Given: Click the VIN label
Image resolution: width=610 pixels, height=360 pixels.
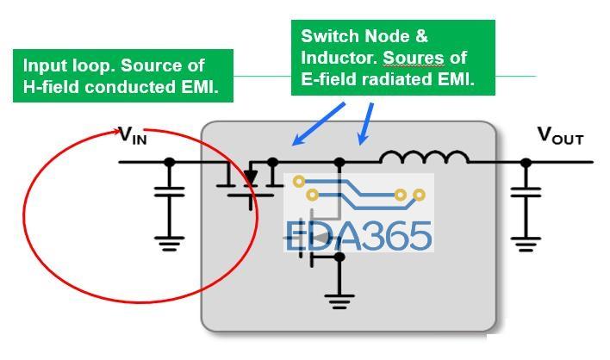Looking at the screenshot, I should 133,135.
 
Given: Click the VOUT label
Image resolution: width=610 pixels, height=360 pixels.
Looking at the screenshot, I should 560,135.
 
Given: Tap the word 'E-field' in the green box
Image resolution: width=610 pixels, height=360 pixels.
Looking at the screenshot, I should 328,82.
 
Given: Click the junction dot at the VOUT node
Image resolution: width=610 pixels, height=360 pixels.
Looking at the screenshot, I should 526,161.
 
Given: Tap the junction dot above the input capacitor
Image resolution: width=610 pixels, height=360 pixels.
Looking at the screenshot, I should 169,161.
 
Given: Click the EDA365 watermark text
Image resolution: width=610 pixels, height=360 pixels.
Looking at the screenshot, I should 358,234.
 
